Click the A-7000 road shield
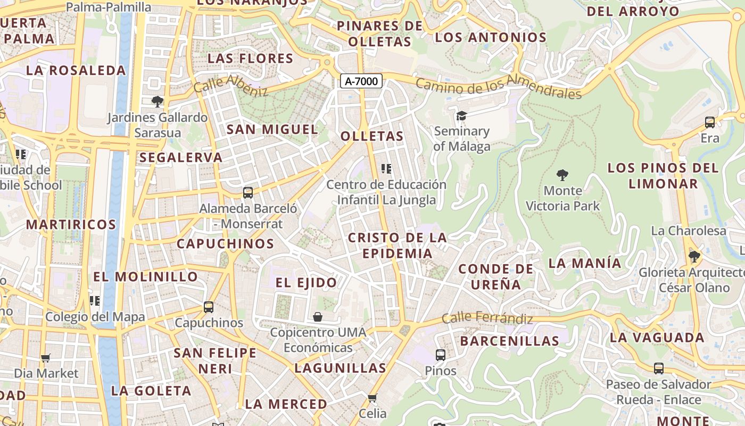coord(361,81)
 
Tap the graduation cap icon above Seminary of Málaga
coord(461,116)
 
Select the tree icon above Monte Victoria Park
coord(562,175)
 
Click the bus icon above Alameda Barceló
coord(247,193)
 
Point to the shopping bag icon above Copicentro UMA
coord(318,317)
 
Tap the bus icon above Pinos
coord(440,355)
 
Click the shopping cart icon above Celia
coord(372,398)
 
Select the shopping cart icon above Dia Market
coord(46,358)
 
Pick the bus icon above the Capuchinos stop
coord(209,307)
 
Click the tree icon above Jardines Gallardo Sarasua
coord(157,101)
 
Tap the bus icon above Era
coord(709,122)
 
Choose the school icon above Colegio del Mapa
coord(95,301)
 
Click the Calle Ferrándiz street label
coord(487,318)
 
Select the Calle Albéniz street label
coord(230,85)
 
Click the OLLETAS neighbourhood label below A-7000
coord(372,136)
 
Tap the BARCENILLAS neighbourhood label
coord(509,341)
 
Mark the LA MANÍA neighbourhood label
coord(584,263)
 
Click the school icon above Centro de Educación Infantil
coord(386,169)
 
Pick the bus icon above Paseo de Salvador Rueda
coord(658,368)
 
